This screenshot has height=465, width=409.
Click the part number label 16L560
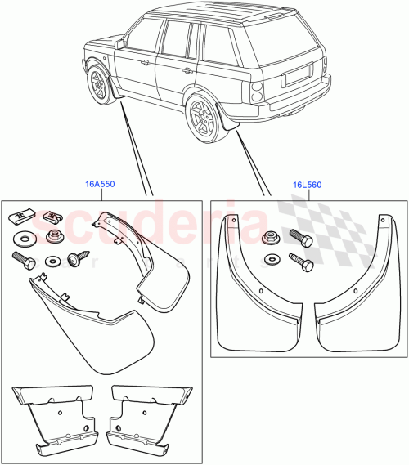[308, 185]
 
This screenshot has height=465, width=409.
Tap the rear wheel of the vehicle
[200, 118]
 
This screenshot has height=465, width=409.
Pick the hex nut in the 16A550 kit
[54, 237]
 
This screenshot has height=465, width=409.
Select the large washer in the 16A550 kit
[22, 239]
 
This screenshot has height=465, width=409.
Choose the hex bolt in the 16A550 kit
[23, 261]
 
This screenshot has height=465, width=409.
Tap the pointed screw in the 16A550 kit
[77, 258]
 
